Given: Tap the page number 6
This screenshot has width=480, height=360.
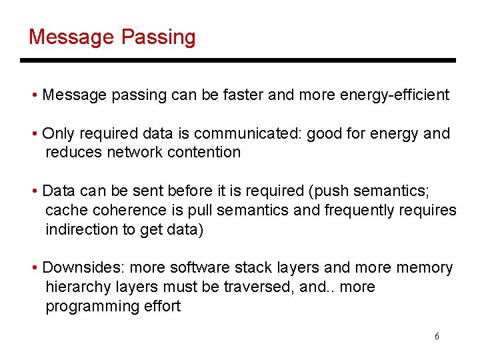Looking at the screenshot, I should coord(437,336).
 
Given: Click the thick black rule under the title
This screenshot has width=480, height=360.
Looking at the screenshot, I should coord(238,61).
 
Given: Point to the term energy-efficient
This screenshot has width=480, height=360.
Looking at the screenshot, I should coord(395,95).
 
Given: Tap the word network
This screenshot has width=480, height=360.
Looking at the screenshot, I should coord(137,152).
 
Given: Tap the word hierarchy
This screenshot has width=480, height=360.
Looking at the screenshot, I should coord(77,287).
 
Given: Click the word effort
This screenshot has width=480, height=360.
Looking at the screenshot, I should coord(161,307).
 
